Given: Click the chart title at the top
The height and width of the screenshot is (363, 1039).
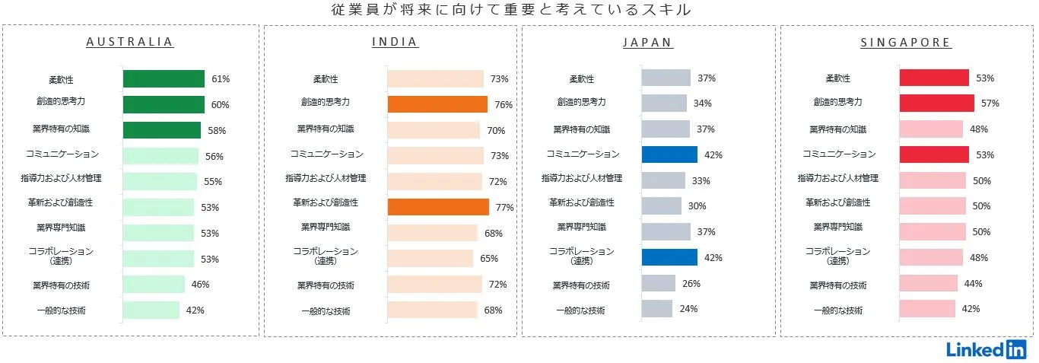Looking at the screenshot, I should click(512, 10).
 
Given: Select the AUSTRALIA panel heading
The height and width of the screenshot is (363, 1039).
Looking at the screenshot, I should click(130, 43).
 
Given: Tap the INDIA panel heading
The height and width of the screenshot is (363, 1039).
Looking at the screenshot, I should click(395, 43).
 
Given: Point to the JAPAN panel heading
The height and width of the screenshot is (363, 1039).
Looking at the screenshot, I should click(648, 43).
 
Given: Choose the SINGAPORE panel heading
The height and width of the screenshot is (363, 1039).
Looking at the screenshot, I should click(905, 43).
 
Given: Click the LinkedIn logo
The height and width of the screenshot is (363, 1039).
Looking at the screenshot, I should click(986, 349).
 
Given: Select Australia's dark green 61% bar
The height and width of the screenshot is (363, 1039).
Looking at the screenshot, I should click(164, 78).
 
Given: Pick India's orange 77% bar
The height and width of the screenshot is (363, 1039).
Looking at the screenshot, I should click(438, 207).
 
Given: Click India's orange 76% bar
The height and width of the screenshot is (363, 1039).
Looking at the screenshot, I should click(437, 104).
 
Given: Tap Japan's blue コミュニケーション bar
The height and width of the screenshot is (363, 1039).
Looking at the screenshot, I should click(669, 154).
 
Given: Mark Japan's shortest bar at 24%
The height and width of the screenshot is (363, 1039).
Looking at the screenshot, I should click(657, 309).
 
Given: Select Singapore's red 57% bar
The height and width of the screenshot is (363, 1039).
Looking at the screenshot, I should click(936, 103).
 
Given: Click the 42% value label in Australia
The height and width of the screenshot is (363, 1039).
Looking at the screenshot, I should click(195, 310).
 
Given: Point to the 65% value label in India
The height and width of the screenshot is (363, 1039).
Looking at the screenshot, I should click(489, 259).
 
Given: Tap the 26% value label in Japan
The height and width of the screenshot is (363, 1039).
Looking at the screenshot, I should click(691, 284).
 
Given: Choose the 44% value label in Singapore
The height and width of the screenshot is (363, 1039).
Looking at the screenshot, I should click(973, 284).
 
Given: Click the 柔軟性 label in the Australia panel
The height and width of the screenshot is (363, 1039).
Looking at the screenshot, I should click(60, 80).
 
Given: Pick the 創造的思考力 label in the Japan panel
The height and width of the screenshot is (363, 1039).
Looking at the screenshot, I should click(581, 102).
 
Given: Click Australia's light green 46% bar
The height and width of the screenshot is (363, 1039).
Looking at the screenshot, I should click(154, 284).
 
